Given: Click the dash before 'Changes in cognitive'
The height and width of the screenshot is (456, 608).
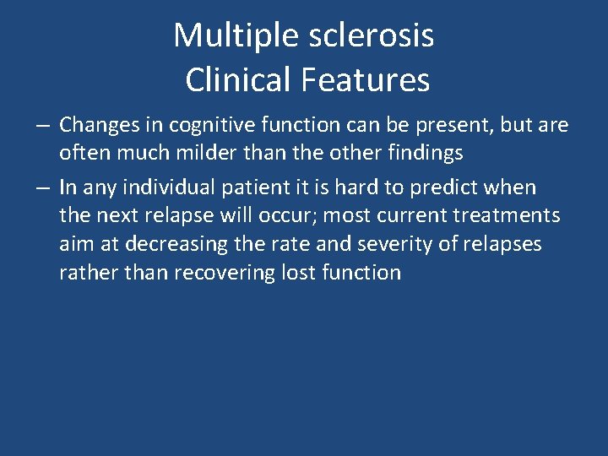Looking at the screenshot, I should pos(42,126).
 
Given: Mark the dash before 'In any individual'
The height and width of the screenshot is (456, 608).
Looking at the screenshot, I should pos(42,187).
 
